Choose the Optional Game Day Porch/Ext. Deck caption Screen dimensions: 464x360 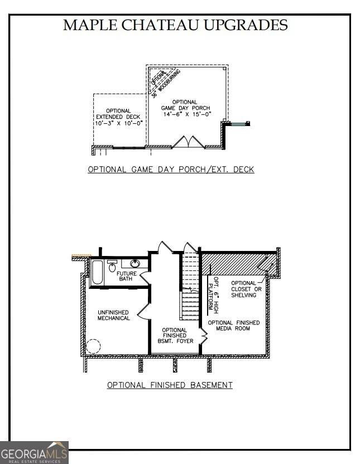click(x=171, y=170)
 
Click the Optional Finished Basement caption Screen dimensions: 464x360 click(x=170, y=385)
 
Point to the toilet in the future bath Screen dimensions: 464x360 click(x=112, y=267)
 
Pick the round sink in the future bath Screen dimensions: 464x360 click(x=135, y=264)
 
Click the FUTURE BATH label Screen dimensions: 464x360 click(x=127, y=276)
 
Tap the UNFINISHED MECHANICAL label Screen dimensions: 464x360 click(x=114, y=315)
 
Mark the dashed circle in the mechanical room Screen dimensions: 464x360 click(x=93, y=346)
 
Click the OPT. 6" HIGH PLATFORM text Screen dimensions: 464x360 click(x=212, y=293)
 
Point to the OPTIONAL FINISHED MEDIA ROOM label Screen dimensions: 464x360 click(x=234, y=326)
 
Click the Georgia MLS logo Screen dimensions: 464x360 click(x=34, y=452)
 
